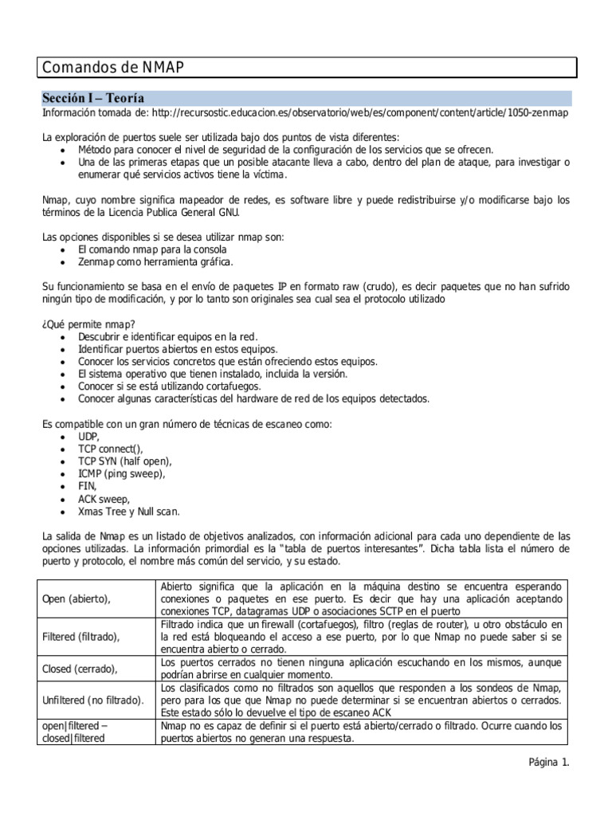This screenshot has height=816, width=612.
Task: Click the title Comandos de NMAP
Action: (112, 68)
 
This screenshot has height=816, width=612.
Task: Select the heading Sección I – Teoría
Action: (93, 98)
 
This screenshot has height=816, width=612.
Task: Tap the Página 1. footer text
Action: (549, 762)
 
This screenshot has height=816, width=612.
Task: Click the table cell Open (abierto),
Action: (76, 598)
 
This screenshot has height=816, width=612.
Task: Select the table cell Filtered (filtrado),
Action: (80, 637)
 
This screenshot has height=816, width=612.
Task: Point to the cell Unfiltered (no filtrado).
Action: (92, 700)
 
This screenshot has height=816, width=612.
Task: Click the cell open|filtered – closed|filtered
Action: (75, 732)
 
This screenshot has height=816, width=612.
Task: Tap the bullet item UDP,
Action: (88, 437)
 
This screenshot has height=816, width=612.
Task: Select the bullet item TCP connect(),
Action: (111, 449)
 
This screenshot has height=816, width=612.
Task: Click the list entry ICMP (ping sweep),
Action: (122, 474)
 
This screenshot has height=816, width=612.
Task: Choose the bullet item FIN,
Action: (88, 486)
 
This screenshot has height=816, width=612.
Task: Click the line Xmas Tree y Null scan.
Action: (129, 511)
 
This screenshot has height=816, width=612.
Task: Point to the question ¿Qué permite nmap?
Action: (88, 324)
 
